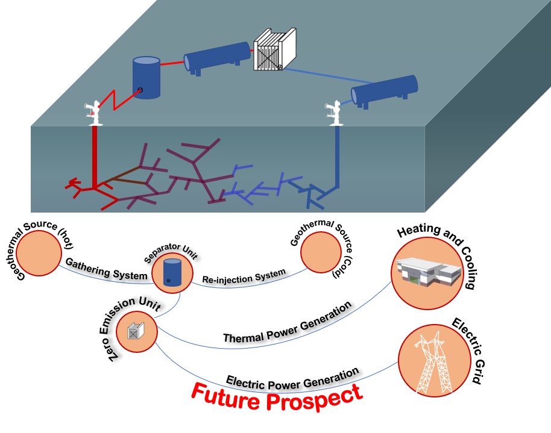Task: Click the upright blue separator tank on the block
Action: point(146,78)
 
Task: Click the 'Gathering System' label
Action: point(106,270)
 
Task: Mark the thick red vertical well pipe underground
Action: point(95,157)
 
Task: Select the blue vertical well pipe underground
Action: point(338,157)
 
